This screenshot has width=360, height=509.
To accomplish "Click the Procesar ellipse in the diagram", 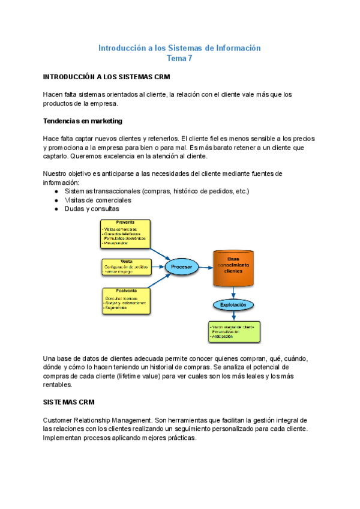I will point(181,267).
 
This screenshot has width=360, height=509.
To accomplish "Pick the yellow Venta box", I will point(126,267).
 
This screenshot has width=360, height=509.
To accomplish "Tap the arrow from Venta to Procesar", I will point(157,267).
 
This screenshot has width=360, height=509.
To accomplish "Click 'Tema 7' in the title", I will point(179,59).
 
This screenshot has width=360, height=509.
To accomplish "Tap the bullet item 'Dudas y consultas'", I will point(92,209).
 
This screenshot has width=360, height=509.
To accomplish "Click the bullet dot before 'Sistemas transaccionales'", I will point(56,191).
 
